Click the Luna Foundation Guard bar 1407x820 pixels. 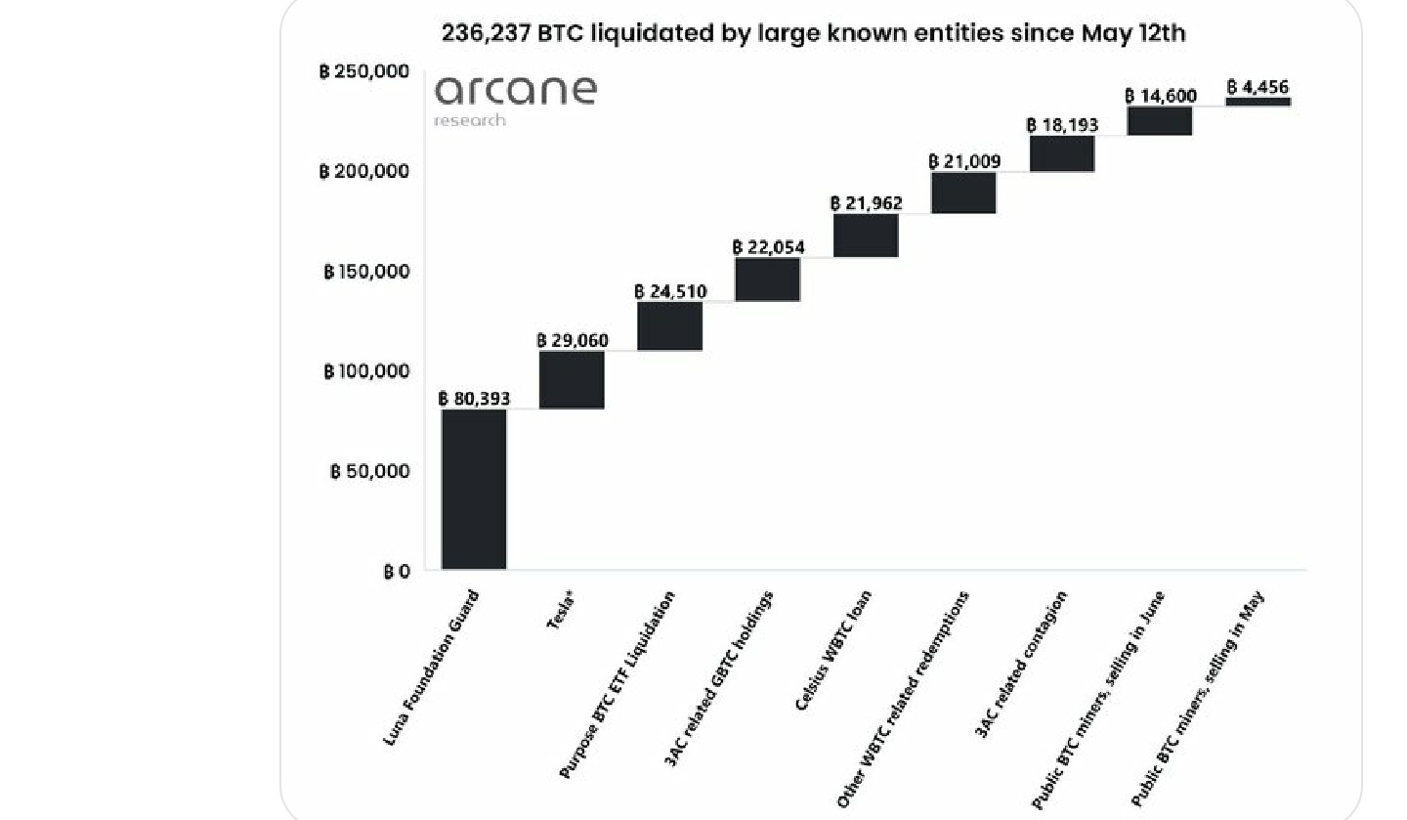[x=474, y=489]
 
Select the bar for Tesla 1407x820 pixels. [x=572, y=379]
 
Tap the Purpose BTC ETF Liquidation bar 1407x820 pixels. [x=669, y=325]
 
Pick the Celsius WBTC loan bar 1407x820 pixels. [x=866, y=235]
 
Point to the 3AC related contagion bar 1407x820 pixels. [x=1062, y=153]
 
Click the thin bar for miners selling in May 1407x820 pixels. [x=1258, y=102]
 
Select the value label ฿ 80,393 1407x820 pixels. [x=474, y=399]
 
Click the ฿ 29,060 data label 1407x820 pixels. [x=572, y=340]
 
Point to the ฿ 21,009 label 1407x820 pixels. [x=964, y=161]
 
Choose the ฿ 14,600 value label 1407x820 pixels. [x=1161, y=96]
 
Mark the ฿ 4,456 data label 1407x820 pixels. [x=1258, y=87]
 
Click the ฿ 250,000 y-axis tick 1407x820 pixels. [x=363, y=71]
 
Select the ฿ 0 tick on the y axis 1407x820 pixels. [x=397, y=571]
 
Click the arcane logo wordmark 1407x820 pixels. [x=515, y=91]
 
